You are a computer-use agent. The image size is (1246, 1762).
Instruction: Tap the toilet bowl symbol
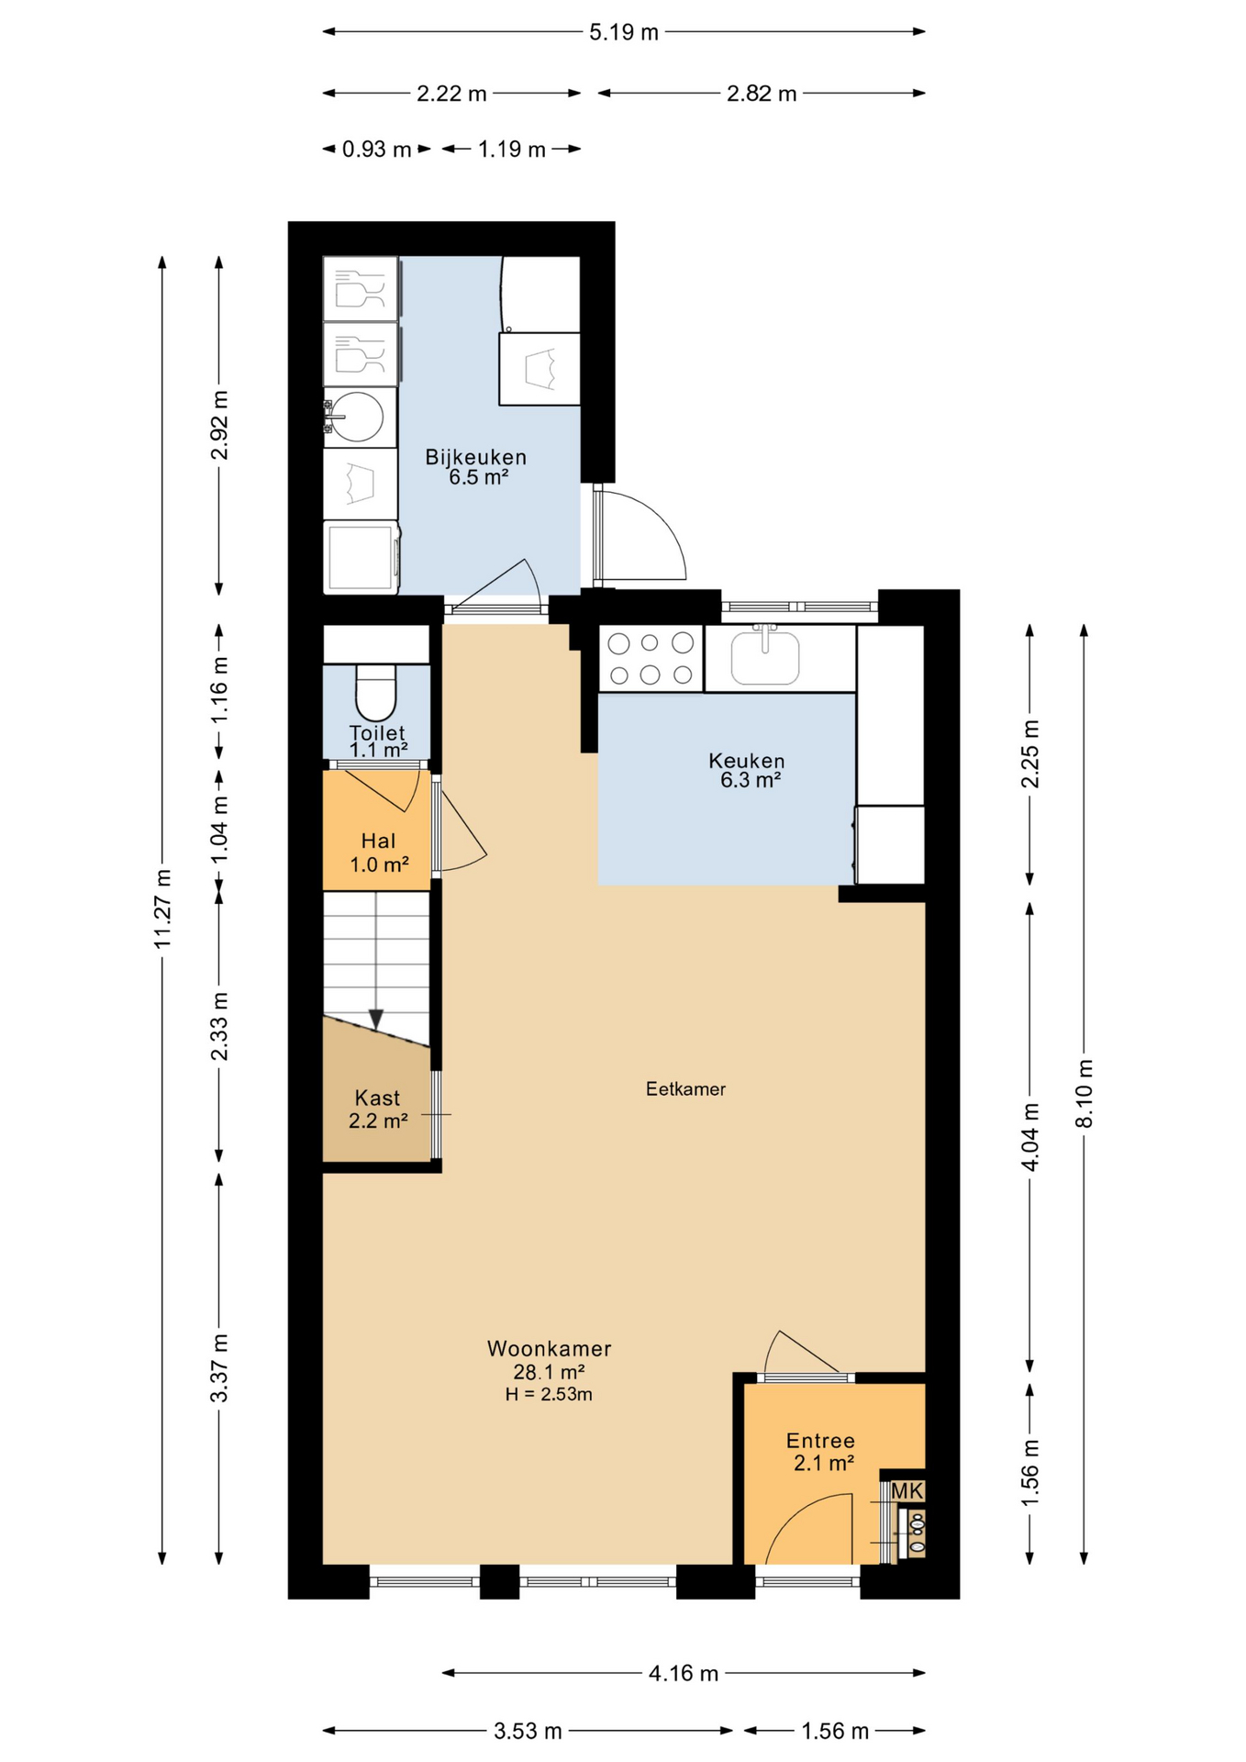click(375, 695)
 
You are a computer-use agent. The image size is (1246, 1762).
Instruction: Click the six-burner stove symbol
click(651, 659)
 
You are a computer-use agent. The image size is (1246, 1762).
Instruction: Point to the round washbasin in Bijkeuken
click(357, 418)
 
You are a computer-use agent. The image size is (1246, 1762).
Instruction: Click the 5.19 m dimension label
click(624, 33)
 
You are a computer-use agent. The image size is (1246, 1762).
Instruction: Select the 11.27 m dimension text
click(163, 909)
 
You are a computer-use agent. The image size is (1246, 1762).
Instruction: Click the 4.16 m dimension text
click(684, 1673)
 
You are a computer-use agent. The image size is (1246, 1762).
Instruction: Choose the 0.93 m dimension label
click(376, 150)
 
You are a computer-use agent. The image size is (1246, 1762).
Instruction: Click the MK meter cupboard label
click(907, 1491)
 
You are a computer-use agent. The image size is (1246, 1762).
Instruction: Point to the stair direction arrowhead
click(376, 1019)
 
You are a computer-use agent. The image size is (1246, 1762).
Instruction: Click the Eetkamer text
click(685, 1089)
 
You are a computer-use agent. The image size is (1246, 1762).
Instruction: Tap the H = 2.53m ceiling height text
click(549, 1395)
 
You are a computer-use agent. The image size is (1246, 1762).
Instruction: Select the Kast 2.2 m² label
click(378, 1109)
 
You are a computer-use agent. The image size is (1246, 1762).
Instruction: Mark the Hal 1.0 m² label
click(378, 852)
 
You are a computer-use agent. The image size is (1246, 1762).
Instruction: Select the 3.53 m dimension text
click(528, 1731)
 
